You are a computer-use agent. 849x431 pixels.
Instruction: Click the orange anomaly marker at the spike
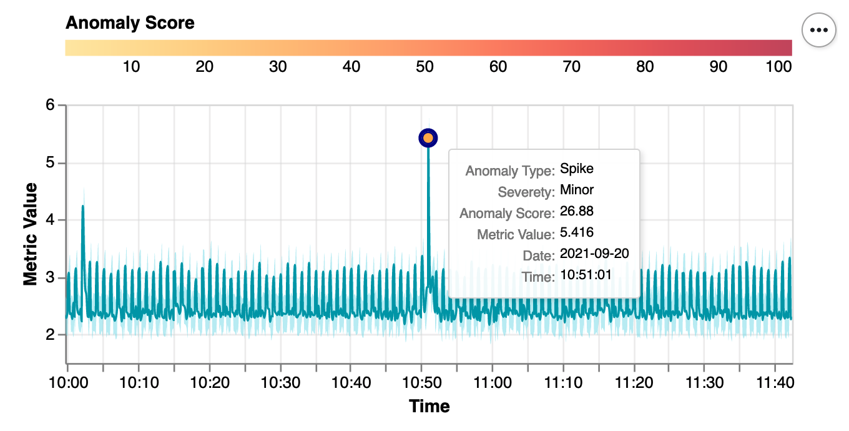428,138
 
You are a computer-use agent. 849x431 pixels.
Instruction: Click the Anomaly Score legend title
130,23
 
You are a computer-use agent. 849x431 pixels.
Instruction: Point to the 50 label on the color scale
424,66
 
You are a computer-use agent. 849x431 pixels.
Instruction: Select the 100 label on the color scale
779,66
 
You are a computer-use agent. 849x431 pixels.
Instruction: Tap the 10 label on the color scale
131,66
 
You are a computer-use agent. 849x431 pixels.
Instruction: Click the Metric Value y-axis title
30,234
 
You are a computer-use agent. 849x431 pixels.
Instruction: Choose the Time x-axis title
429,406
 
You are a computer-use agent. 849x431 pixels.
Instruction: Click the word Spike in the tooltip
577,169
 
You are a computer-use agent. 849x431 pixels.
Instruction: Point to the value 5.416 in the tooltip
577,232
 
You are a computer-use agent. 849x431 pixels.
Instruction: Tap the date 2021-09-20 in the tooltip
594,254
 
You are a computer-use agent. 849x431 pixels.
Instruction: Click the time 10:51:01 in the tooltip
586,275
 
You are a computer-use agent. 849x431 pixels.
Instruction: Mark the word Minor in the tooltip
577,190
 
